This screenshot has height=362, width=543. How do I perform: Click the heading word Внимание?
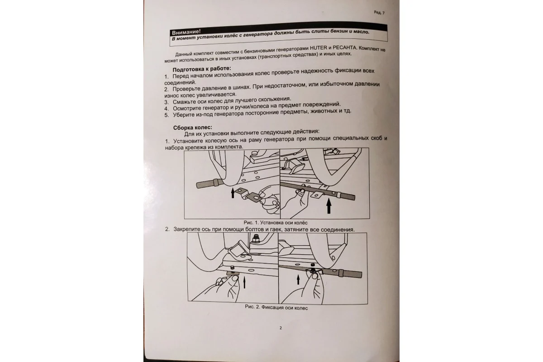point(186,32)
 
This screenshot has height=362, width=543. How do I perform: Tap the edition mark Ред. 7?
point(379,13)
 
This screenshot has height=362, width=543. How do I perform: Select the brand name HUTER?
point(319,48)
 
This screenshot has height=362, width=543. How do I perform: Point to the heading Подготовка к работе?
point(202,69)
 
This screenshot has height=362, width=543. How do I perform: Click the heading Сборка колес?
point(192,128)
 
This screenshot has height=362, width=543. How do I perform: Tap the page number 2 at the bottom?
point(281,328)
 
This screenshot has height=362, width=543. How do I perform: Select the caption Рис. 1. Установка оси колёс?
point(276,223)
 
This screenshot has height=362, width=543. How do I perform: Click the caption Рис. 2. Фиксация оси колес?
point(276,307)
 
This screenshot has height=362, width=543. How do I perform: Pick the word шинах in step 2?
point(240,87)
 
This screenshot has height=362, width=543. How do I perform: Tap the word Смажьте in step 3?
point(184,102)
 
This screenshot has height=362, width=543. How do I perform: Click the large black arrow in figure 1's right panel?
point(329,206)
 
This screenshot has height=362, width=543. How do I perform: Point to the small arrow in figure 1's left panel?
point(233,193)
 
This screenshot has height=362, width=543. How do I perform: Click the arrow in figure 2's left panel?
point(244,282)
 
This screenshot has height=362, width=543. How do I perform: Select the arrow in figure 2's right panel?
point(298,279)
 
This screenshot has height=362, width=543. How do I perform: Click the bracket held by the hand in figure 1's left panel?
point(249,195)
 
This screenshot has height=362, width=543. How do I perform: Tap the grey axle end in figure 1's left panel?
point(209,183)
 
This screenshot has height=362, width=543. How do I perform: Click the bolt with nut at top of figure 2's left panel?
point(256,238)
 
